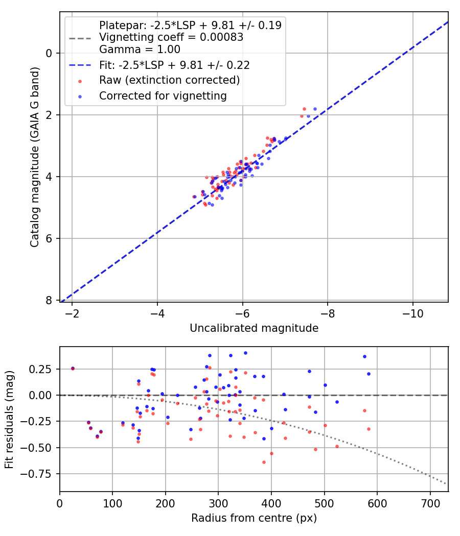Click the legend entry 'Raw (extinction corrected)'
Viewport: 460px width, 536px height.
[169, 80]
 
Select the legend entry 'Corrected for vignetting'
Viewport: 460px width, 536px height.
[163, 95]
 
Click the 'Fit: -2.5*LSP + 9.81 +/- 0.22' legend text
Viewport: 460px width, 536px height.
[174, 65]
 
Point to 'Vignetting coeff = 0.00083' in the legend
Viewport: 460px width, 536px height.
[171, 37]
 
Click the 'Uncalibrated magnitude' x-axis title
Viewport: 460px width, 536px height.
[254, 328]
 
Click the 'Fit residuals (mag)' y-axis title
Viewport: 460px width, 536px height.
[9, 420]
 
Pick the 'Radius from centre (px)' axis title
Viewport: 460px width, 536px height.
[254, 518]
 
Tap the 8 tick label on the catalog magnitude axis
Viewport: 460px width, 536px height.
[49, 301]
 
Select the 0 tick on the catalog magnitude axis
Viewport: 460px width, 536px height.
[49, 53]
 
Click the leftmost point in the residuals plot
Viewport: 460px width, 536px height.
[73, 368]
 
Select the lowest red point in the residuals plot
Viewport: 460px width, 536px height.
[264, 462]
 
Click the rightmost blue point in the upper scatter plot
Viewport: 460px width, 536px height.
[315, 109]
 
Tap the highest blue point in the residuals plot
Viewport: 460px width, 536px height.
[245, 353]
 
